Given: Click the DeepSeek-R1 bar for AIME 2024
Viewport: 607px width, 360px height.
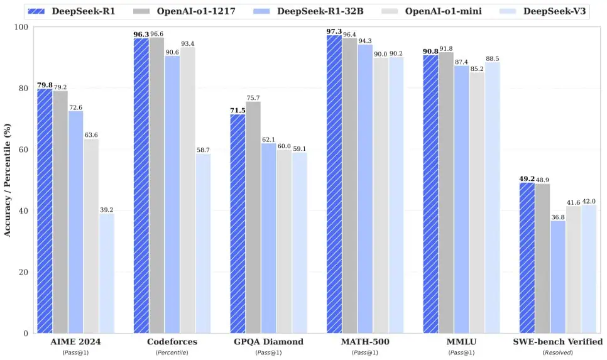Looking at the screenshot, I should point(45,211).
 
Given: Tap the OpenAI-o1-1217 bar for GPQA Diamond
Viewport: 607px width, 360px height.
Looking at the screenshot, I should point(253,217).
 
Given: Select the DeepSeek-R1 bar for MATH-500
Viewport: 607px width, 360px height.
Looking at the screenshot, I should point(334,185).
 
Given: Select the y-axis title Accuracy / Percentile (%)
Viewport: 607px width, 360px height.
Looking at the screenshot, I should point(8,180).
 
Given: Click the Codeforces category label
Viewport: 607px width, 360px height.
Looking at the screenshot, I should point(172,342).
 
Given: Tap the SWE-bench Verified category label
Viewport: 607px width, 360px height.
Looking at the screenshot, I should point(558,342).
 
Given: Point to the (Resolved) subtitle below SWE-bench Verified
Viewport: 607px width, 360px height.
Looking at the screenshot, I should point(558,353).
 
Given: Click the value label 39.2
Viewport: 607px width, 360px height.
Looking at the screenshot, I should point(106,209).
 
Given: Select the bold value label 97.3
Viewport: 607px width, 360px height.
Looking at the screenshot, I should point(334,31).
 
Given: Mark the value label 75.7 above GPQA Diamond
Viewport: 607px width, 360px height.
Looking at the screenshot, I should point(254,98).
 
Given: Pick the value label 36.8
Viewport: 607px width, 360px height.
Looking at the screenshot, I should point(557,217).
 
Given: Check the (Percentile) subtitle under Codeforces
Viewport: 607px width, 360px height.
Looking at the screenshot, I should point(172,353).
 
